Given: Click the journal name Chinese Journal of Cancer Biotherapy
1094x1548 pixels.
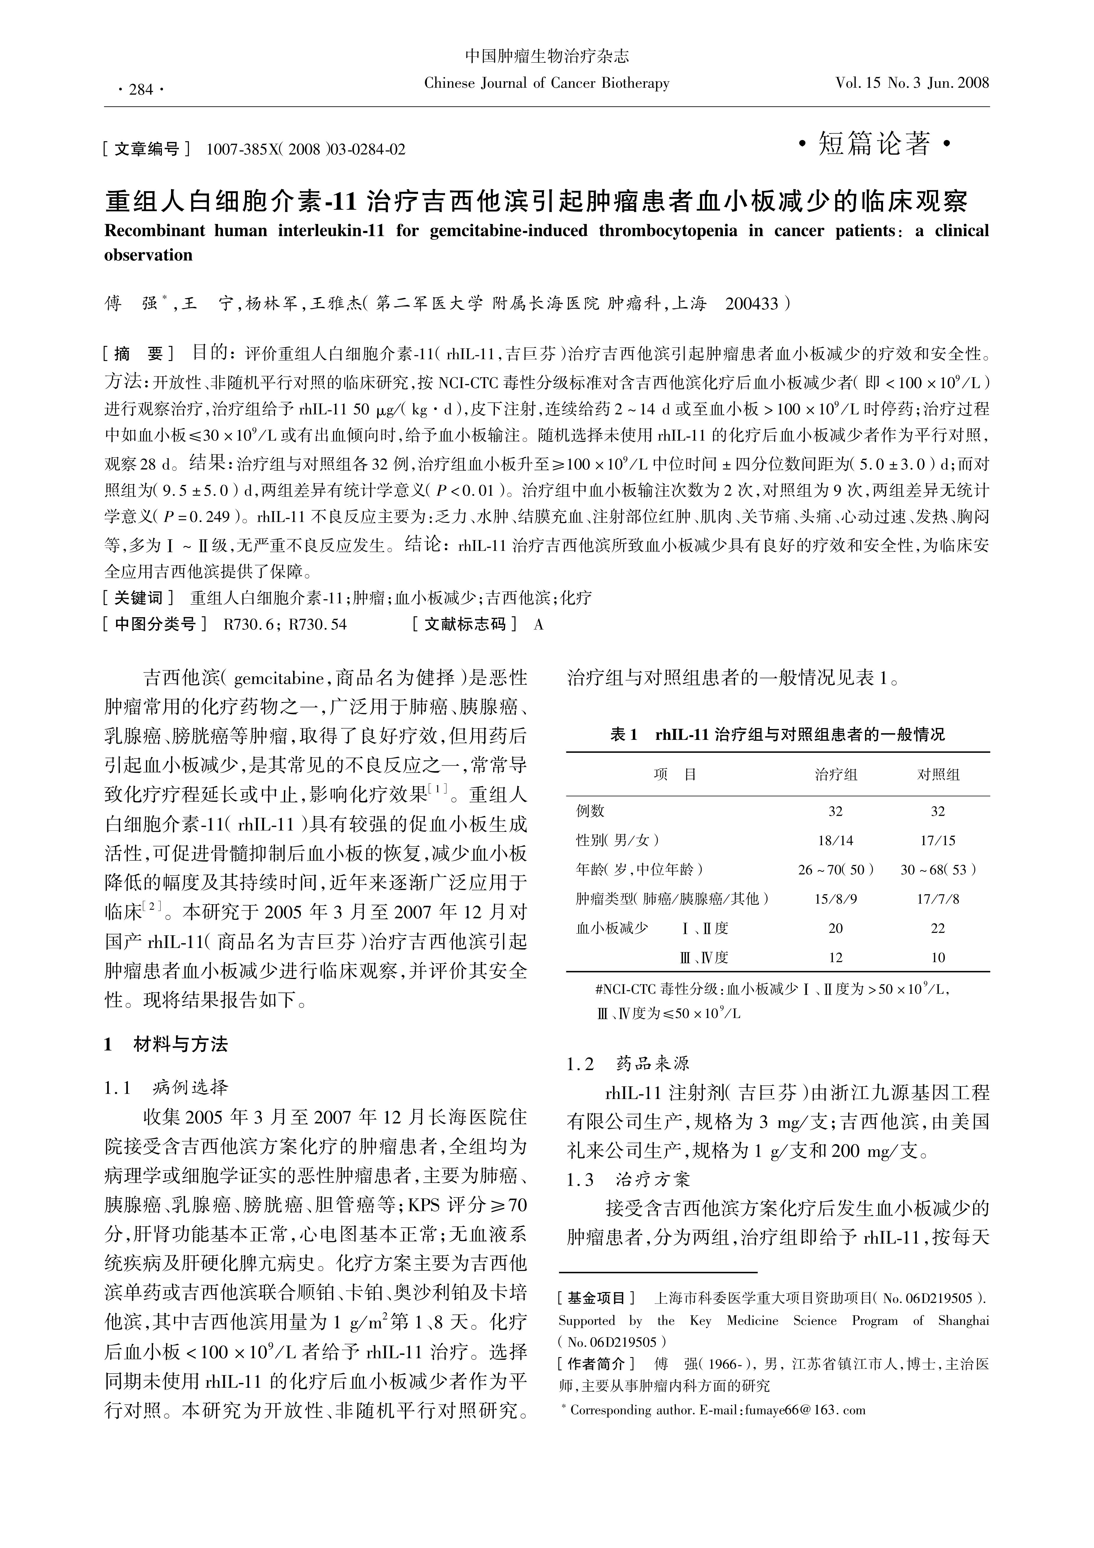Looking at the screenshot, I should coord(547,83).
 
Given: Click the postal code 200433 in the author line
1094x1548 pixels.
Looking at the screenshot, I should coord(752,303).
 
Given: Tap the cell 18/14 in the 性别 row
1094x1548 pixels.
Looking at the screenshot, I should coord(836,840).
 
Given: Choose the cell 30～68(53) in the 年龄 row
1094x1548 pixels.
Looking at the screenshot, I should coord(938,870).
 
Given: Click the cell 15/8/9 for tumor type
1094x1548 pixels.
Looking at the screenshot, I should coord(836,899).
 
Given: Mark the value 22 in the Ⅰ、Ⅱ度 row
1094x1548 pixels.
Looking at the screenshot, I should coord(938,928).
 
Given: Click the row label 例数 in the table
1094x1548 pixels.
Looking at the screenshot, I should coord(591,811).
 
